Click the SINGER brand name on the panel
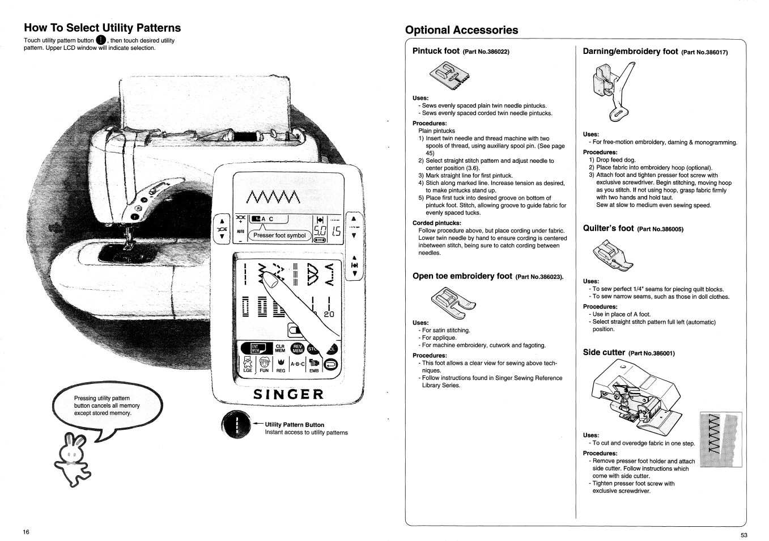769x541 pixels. (x=288, y=394)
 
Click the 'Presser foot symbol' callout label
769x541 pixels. (x=279, y=235)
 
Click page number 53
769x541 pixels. (x=743, y=535)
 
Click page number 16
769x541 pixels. (x=26, y=532)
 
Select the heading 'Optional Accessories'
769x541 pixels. (x=461, y=30)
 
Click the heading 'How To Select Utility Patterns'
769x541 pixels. (x=103, y=28)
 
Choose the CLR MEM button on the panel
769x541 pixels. (x=280, y=348)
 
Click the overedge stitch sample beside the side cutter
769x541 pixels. (x=720, y=439)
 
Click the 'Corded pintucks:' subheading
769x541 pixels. (x=437, y=223)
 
